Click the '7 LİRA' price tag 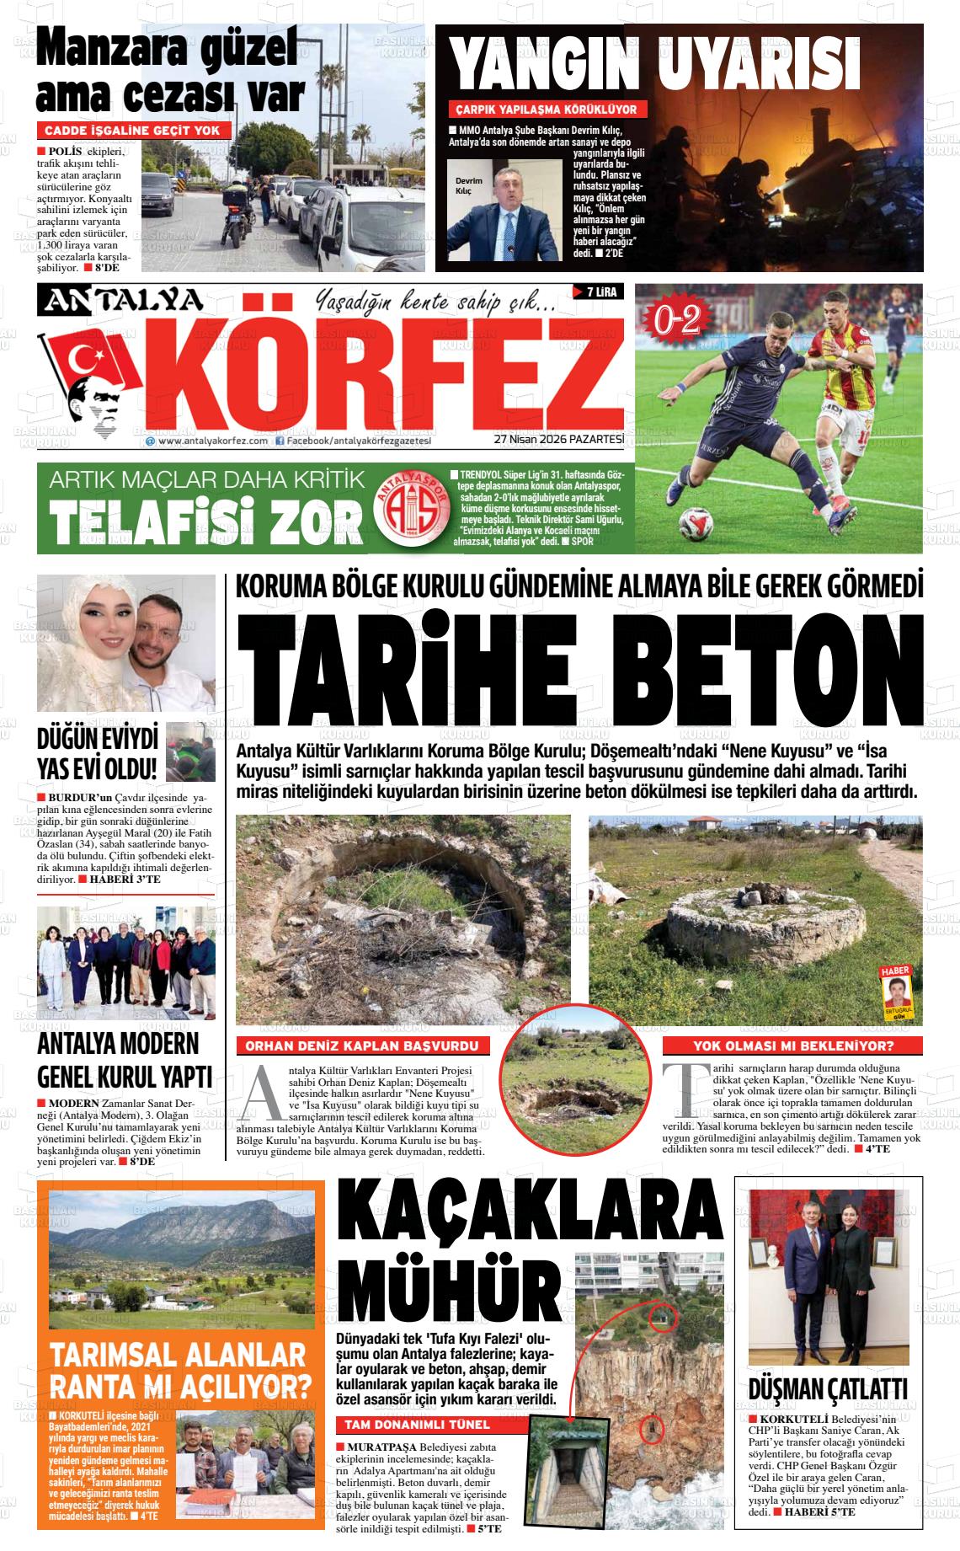coord(598,292)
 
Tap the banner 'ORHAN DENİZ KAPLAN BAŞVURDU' coord(363,1046)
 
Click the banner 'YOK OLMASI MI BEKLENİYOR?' coord(792,1046)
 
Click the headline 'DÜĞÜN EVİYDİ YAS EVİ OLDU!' coord(98,754)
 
